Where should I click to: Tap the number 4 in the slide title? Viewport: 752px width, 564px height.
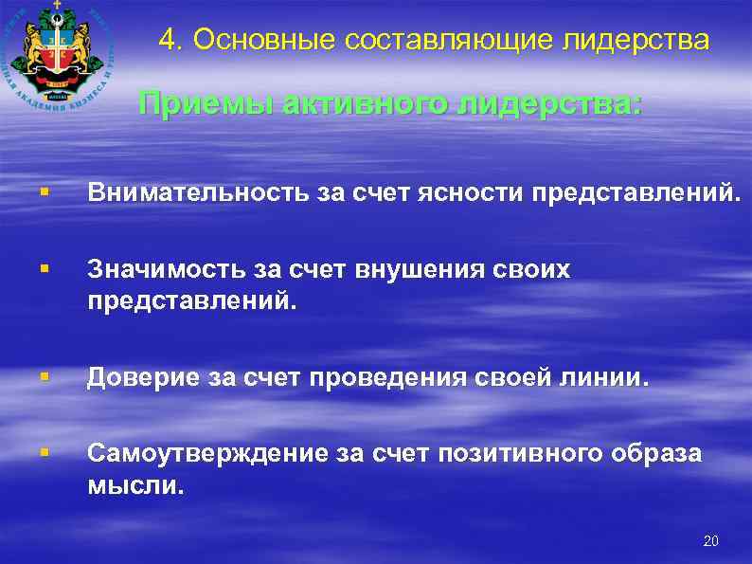point(166,41)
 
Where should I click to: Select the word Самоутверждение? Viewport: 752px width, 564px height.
point(206,454)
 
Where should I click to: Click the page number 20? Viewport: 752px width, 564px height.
point(711,541)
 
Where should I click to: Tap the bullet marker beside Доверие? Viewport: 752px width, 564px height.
point(45,379)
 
